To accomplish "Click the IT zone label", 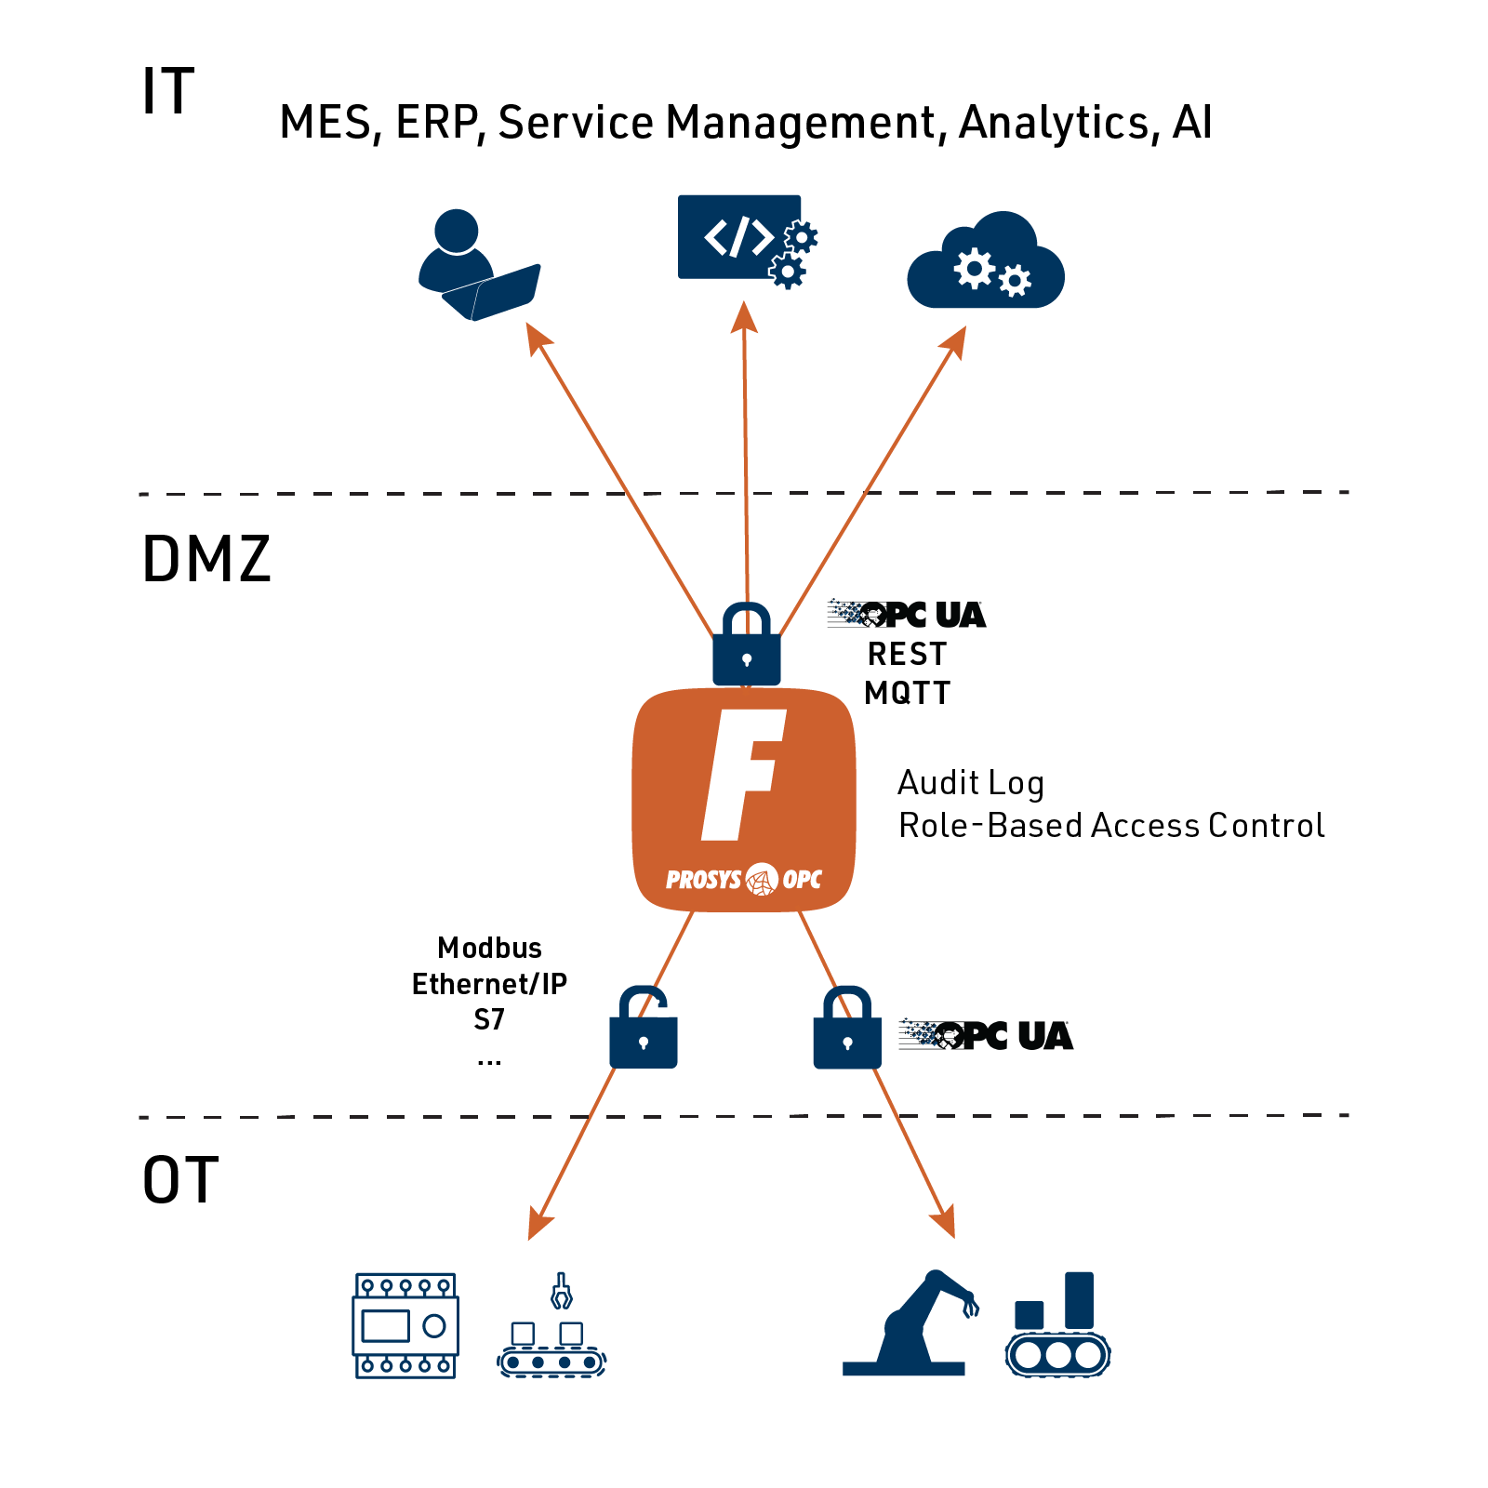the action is (167, 91).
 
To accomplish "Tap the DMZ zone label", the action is (206, 559).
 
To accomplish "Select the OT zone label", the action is (180, 1180).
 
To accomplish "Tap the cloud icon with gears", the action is (986, 260).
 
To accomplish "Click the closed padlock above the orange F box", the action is (747, 644).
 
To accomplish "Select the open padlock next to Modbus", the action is (644, 1027).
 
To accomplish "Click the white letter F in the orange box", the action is (744, 775).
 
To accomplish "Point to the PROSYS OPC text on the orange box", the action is (744, 879).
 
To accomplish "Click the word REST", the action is (907, 655).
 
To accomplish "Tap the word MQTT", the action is (907, 694).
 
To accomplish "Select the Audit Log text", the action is (971, 784).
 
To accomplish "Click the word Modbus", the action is (490, 948).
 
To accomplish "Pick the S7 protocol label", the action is (489, 1020).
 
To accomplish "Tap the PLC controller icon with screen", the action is (406, 1326).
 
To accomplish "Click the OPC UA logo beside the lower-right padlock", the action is (986, 1035).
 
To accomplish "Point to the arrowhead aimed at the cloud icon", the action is (954, 342).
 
